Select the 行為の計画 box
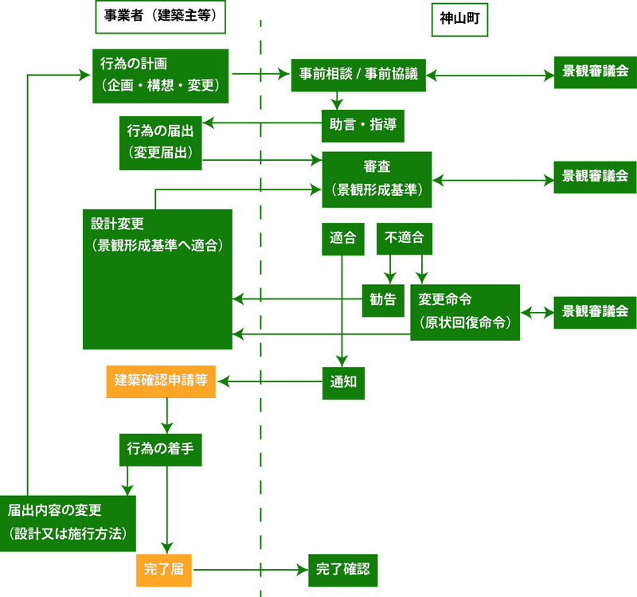160,75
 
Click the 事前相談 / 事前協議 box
358,75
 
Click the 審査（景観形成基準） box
377,178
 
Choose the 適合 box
342,238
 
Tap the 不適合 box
404,238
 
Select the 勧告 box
383,300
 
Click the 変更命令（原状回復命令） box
465,312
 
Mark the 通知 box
343,381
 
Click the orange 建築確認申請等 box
161,381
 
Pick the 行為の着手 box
161,451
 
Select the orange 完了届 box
163,569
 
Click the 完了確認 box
342,569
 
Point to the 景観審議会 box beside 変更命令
595,311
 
